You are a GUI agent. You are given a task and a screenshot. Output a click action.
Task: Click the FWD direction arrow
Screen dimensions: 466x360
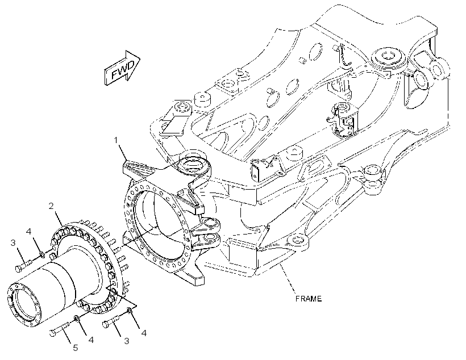pyautogui.click(x=122, y=68)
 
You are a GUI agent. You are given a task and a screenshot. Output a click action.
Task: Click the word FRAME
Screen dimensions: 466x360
pyautogui.click(x=309, y=299)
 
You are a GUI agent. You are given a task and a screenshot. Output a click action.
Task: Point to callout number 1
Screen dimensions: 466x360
pyautogui.click(x=116, y=140)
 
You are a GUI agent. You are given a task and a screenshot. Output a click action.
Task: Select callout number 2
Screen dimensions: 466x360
pyautogui.click(x=51, y=206)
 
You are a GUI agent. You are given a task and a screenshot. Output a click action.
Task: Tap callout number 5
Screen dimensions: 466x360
pyautogui.click(x=76, y=348)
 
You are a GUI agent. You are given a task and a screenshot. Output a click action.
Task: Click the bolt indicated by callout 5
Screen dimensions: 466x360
pyautogui.click(x=60, y=329)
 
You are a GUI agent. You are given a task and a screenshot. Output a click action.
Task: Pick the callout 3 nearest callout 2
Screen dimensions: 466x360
pyautogui.click(x=13, y=242)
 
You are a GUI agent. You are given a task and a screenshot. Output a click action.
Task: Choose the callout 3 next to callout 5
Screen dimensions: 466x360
pyautogui.click(x=127, y=341)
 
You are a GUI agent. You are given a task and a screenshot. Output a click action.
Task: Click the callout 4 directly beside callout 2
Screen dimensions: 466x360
pyautogui.click(x=28, y=231)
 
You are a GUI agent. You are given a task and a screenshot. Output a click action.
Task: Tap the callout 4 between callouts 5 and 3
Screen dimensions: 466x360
pyautogui.click(x=91, y=340)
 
